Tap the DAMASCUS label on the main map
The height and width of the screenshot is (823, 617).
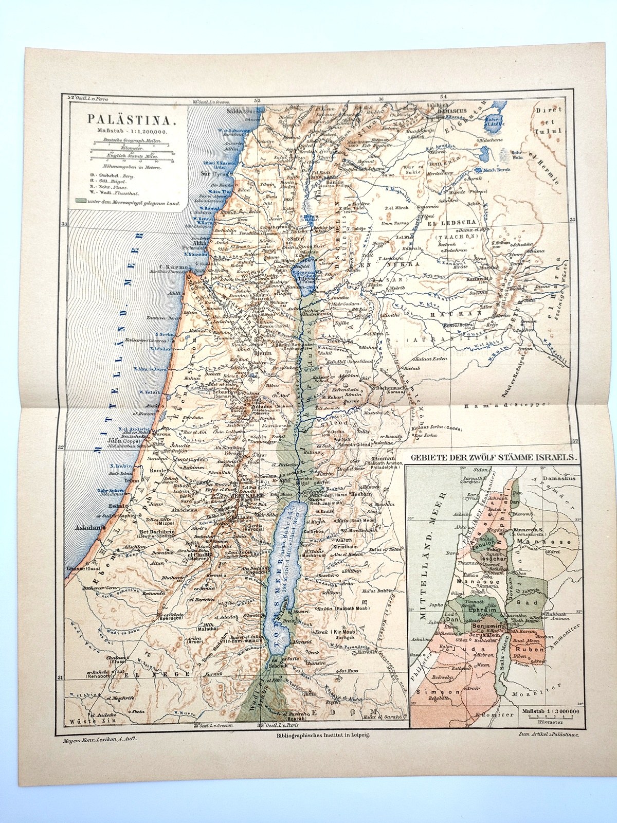[x=447, y=111]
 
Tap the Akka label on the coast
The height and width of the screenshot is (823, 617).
[x=199, y=244]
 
